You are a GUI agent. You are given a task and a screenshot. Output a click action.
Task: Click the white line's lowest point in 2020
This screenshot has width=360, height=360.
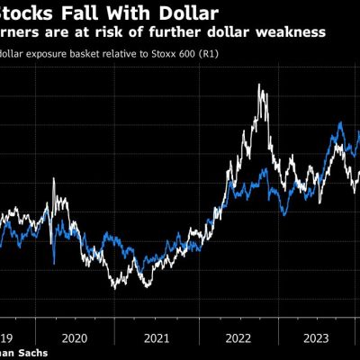[114, 288]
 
